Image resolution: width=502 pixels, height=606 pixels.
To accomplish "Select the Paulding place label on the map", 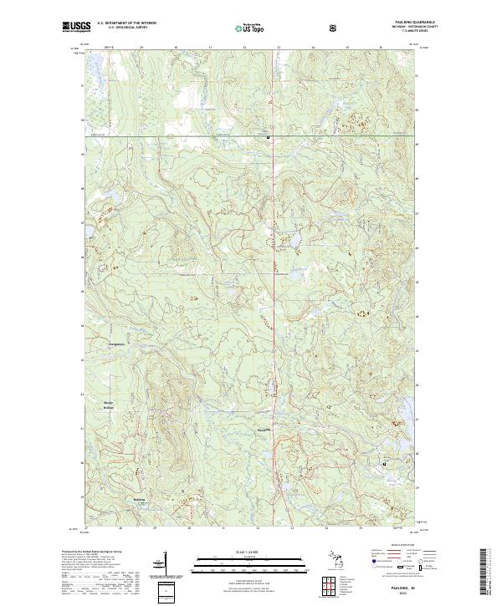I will click(263, 430).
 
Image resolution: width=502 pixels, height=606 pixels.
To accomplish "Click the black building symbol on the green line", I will click(268, 136).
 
